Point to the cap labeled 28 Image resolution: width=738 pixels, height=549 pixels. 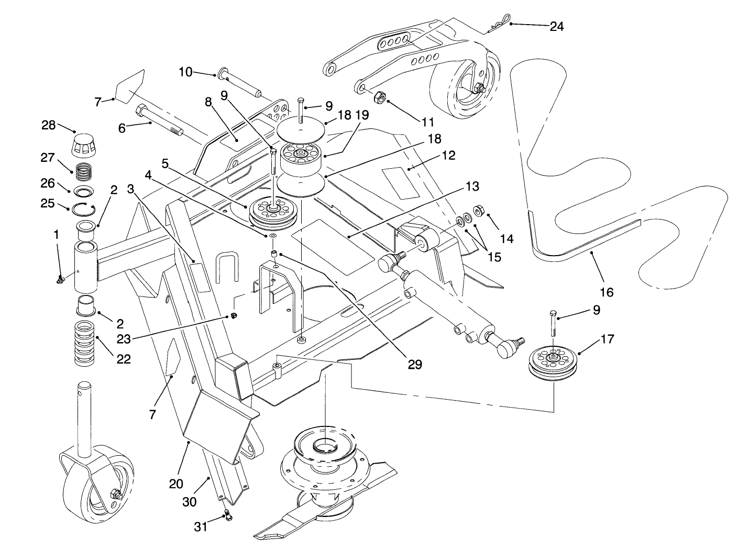pos(84,142)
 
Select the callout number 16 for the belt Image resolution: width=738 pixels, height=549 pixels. pos(606,292)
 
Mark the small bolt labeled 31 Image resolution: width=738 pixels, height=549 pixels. pos(228,515)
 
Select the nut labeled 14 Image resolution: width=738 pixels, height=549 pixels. pos(478,211)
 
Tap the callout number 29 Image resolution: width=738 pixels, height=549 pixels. pos(414,364)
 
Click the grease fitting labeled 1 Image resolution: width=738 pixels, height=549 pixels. pos(60,281)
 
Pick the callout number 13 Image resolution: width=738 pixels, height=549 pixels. pos(472,186)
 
